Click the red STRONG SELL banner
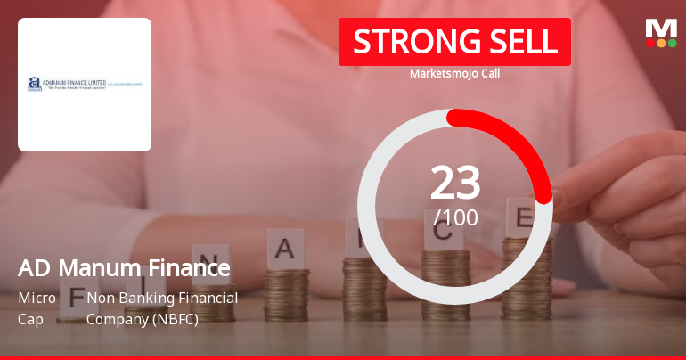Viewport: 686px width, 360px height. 454,42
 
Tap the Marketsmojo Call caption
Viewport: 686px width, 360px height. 454,73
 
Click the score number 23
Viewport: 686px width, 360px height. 455,183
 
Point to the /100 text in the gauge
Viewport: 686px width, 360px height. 455,217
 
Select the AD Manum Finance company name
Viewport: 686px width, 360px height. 124,267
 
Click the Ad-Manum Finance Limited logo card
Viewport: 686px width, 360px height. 85,85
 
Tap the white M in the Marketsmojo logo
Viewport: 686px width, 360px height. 661,28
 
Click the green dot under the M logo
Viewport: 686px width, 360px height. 672,43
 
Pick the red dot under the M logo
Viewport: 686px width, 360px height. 650,43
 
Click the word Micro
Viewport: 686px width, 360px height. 37,298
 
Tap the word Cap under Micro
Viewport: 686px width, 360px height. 30,318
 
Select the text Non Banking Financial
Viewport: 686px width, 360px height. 162,298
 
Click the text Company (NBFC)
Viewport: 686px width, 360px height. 143,318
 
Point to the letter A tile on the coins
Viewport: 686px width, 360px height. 287,247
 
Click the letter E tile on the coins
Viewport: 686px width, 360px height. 525,217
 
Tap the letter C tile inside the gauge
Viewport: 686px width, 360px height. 443,233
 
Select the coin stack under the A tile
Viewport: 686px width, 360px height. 287,294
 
